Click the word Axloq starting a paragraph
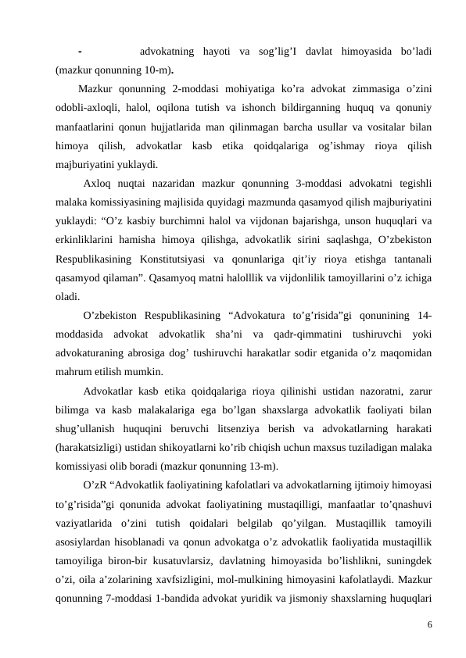click(97, 184)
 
